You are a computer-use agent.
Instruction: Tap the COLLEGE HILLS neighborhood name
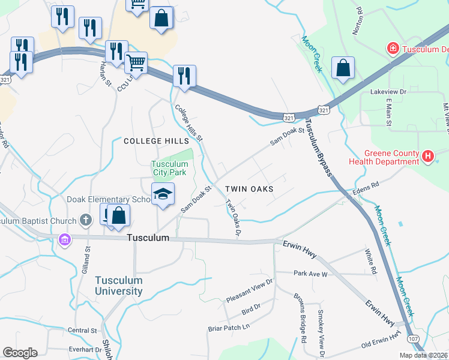click(x=151, y=141)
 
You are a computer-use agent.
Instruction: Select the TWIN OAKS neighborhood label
click(x=249, y=188)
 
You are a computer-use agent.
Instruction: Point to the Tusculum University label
click(x=119, y=286)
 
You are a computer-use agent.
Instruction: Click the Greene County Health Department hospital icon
click(x=427, y=157)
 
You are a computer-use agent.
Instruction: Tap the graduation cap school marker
click(x=163, y=194)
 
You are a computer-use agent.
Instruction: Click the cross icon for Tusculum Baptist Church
click(x=86, y=220)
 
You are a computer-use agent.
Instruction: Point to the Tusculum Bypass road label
click(x=318, y=147)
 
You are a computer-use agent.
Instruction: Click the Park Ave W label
click(x=310, y=274)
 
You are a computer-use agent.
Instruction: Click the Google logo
click(x=20, y=353)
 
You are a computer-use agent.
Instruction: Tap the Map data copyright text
click(x=423, y=355)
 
